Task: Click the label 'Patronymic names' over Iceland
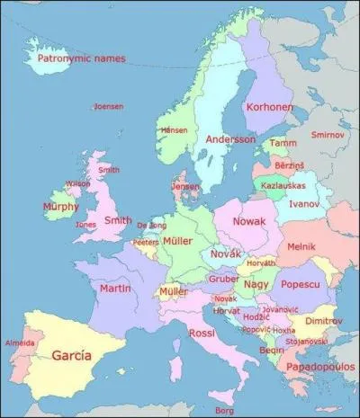pyautogui.click(x=81, y=59)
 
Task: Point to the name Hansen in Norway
pyautogui.click(x=175, y=130)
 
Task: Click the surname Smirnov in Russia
pyautogui.click(x=327, y=134)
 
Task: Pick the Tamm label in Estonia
pyautogui.click(x=283, y=143)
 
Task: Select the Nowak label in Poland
pyautogui.click(x=249, y=220)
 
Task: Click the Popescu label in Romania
pyautogui.click(x=301, y=284)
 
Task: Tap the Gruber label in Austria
pyautogui.click(x=222, y=279)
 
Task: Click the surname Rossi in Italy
pyautogui.click(x=202, y=334)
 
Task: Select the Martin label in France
pyautogui.click(x=115, y=289)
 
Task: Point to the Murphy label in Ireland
pyautogui.click(x=60, y=207)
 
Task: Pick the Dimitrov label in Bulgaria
pyautogui.click(x=322, y=321)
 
